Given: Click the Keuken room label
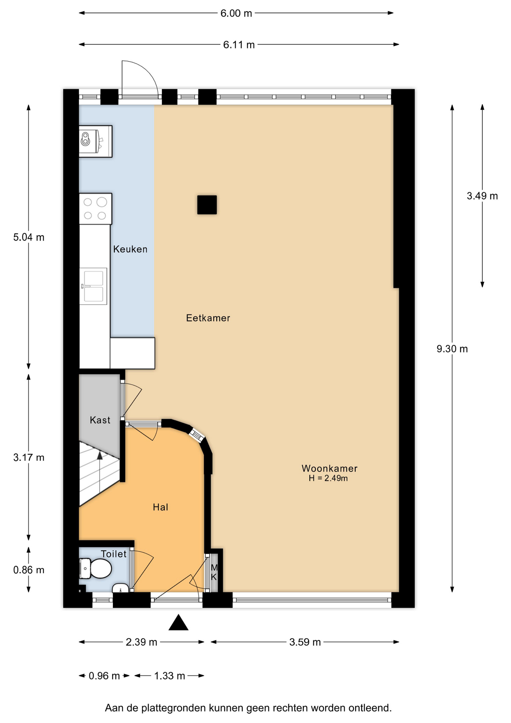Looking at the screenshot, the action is (130, 249).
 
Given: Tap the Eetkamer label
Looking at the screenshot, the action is (208, 318).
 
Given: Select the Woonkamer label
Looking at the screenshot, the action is (329, 468).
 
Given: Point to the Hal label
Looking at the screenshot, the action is (160, 507).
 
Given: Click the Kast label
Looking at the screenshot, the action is (100, 420).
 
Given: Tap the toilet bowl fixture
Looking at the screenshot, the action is (96, 568).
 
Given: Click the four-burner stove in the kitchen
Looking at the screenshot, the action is (96, 209).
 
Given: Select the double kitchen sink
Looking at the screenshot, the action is (93, 286).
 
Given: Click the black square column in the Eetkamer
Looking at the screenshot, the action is (207, 205).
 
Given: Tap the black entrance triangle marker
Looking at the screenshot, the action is (178, 623).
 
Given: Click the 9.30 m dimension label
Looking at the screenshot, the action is (452, 349).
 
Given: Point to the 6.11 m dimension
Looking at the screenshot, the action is (239, 45).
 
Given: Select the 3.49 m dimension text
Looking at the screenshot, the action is (482, 196).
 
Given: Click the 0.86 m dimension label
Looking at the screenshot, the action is (29, 570).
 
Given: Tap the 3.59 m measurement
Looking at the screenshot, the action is (305, 642).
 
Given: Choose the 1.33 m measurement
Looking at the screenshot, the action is (170, 676).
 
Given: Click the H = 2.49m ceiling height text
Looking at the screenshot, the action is (328, 478).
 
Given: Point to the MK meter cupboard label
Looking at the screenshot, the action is (214, 572).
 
